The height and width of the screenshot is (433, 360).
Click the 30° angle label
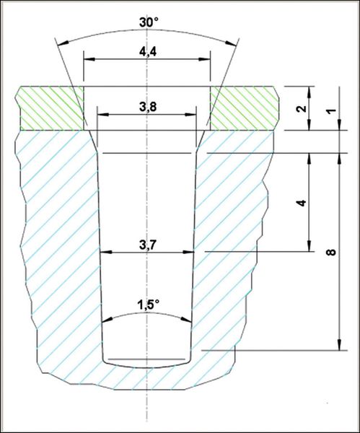coord(148,22)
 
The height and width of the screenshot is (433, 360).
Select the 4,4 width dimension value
coord(148,51)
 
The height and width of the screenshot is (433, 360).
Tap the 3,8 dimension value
coord(148,106)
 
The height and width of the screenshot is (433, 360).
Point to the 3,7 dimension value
coord(148,245)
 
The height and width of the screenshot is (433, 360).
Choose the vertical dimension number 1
coord(331,110)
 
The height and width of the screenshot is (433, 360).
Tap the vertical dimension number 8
coord(331,252)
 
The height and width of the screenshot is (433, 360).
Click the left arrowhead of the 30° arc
coord(63,43)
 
